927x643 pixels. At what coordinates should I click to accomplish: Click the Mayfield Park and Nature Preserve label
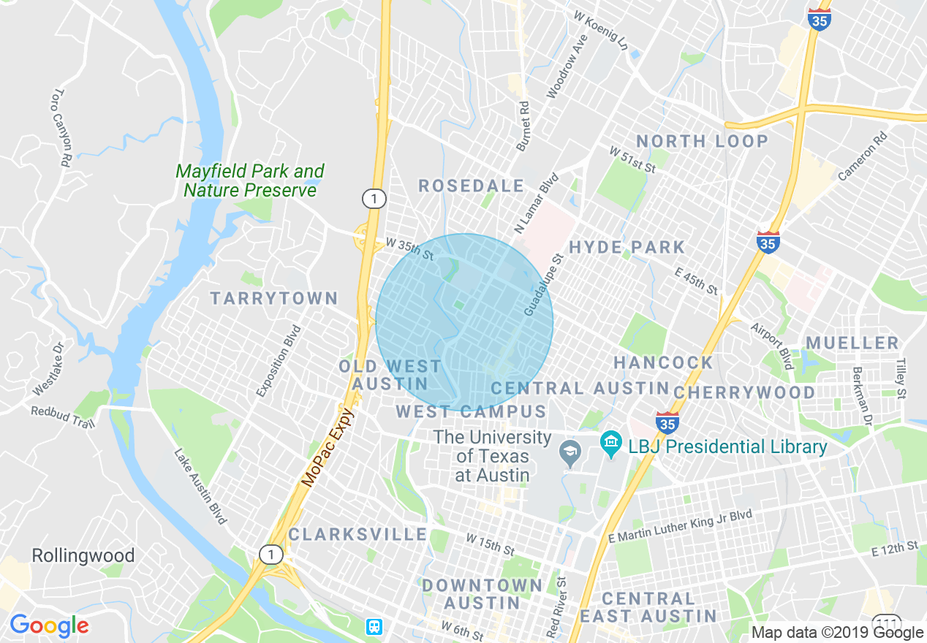click(249, 180)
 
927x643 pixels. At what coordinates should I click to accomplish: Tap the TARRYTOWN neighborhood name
click(274, 298)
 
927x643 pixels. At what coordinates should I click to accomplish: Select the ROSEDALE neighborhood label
click(471, 186)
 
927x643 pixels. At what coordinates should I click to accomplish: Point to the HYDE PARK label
click(627, 248)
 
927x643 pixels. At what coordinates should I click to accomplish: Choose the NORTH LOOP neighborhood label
click(702, 141)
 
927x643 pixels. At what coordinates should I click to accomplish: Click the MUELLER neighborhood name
click(852, 343)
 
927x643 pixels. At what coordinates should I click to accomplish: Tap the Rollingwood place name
click(83, 556)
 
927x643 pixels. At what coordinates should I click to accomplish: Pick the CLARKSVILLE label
click(357, 534)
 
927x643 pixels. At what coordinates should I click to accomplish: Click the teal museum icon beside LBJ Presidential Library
click(610, 442)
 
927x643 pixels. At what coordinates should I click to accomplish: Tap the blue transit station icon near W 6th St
click(374, 626)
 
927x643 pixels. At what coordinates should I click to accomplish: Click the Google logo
click(49, 625)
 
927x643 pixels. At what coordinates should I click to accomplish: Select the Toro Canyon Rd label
click(61, 128)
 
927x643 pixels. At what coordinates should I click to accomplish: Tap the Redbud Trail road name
click(63, 416)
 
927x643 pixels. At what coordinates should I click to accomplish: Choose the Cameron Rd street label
click(863, 156)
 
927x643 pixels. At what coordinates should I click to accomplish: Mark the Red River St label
click(556, 606)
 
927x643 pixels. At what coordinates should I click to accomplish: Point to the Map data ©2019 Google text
click(838, 633)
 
